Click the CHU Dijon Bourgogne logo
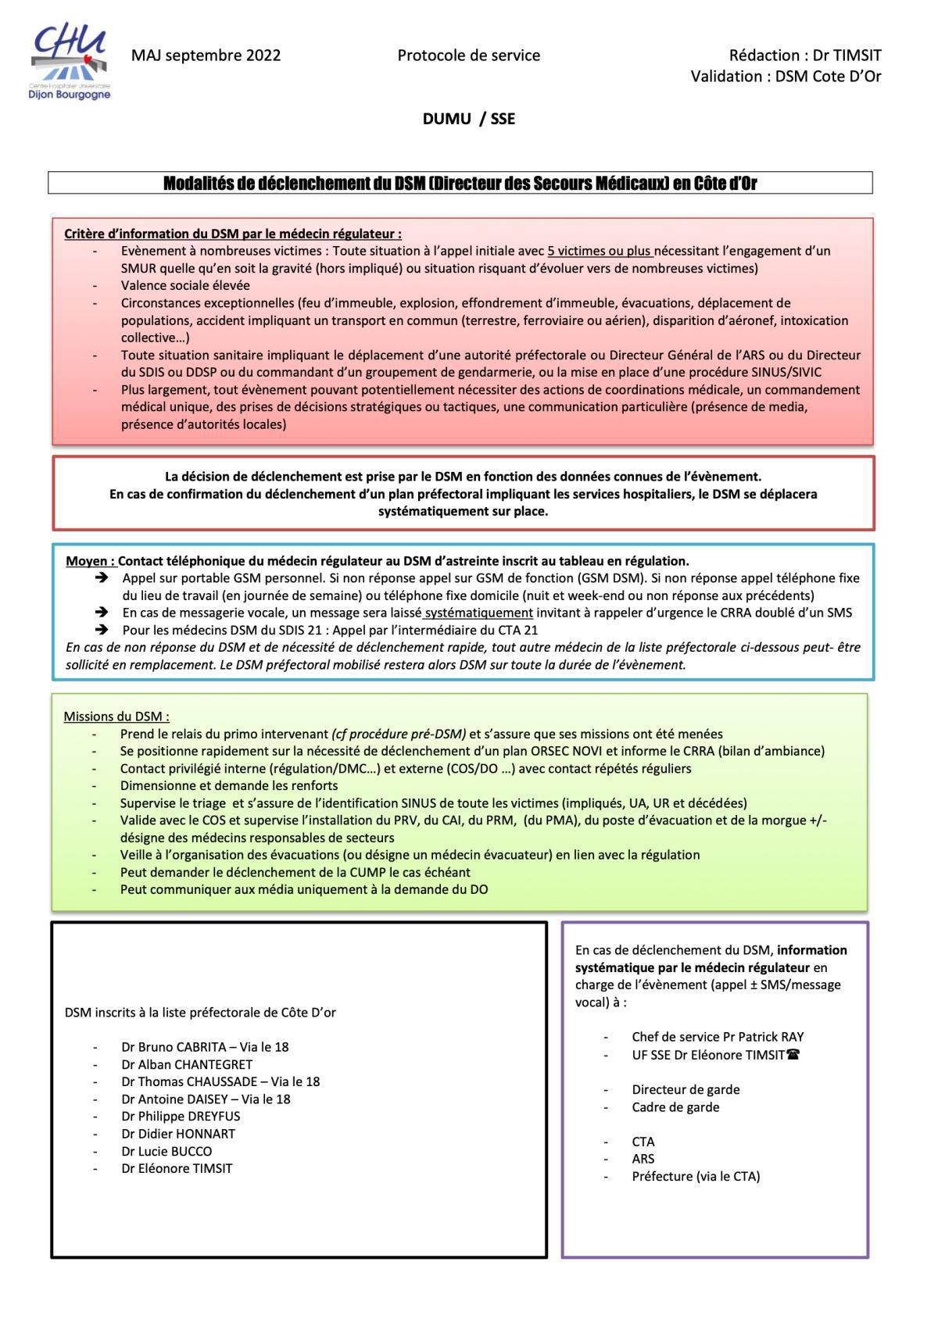[x=70, y=62]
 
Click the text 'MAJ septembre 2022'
[x=206, y=55]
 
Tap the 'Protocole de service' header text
[x=468, y=55]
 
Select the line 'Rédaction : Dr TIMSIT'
[x=804, y=55]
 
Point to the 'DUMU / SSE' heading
[x=468, y=119]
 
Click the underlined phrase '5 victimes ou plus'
[x=600, y=251]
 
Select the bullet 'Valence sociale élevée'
[x=185, y=285]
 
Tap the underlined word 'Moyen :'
[x=90, y=561]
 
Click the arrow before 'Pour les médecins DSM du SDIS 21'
[x=101, y=630]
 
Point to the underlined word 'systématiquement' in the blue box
[x=479, y=613]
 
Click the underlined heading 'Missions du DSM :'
[x=116, y=717]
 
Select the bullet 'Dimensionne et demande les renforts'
[x=228, y=785]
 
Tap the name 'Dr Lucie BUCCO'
[x=166, y=1151]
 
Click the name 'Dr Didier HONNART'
[x=178, y=1134]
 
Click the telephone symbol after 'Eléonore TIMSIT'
[x=793, y=1055]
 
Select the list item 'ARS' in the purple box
[x=643, y=1159]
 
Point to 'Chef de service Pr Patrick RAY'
[x=718, y=1037]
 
